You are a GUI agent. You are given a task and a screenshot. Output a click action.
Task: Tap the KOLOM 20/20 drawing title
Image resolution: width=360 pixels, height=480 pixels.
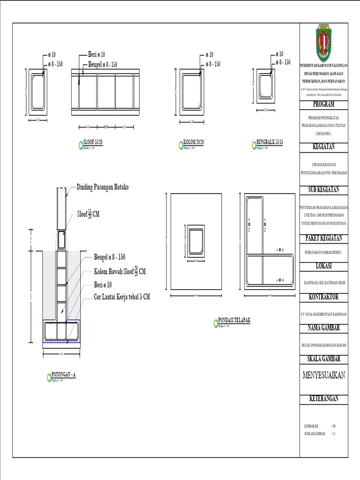pos(194,142)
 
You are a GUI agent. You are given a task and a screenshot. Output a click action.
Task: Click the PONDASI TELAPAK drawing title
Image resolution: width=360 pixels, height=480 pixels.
pos(234,320)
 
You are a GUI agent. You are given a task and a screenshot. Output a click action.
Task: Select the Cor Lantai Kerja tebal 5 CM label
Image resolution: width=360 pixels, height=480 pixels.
pos(122,297)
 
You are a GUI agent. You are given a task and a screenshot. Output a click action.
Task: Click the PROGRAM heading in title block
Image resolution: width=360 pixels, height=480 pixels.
pos(323,104)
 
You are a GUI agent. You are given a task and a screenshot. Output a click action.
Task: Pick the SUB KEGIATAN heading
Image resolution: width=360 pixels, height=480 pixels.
pos(323,190)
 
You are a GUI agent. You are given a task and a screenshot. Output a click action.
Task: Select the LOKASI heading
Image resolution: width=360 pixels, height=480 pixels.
pos(323,266)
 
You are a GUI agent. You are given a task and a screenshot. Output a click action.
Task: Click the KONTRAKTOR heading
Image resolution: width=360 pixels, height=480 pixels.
pos(323,297)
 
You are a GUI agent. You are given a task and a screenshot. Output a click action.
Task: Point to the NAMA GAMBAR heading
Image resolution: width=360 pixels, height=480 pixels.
pos(323,328)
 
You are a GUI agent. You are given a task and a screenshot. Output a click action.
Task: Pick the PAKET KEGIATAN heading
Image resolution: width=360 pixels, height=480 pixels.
pos(323,238)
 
